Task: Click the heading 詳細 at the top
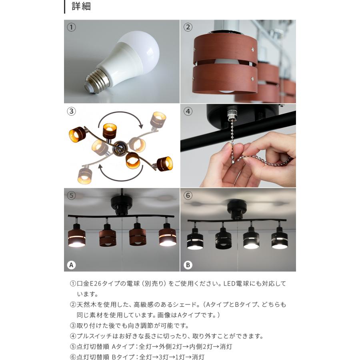[x=81, y=6]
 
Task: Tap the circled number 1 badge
[x=71, y=27]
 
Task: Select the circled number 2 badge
[x=188, y=27]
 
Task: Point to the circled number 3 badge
[x=71, y=111]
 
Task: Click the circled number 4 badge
[x=188, y=111]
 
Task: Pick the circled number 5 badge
[x=71, y=196]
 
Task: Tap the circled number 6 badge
[x=188, y=196]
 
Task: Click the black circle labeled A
[x=71, y=265]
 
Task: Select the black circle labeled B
[x=188, y=265]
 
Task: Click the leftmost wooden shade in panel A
[x=77, y=237]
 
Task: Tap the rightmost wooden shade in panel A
[x=167, y=236]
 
